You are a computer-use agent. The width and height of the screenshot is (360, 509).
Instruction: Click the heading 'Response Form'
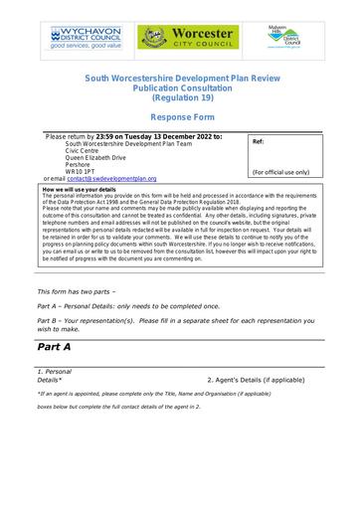click(180, 115)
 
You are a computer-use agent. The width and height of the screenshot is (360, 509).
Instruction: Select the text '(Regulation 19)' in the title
click(180, 97)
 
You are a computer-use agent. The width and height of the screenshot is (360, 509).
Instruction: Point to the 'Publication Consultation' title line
click(180, 87)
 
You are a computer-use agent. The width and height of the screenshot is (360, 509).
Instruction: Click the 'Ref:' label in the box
click(259, 142)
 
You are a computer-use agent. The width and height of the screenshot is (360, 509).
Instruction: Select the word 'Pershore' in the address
click(81, 162)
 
